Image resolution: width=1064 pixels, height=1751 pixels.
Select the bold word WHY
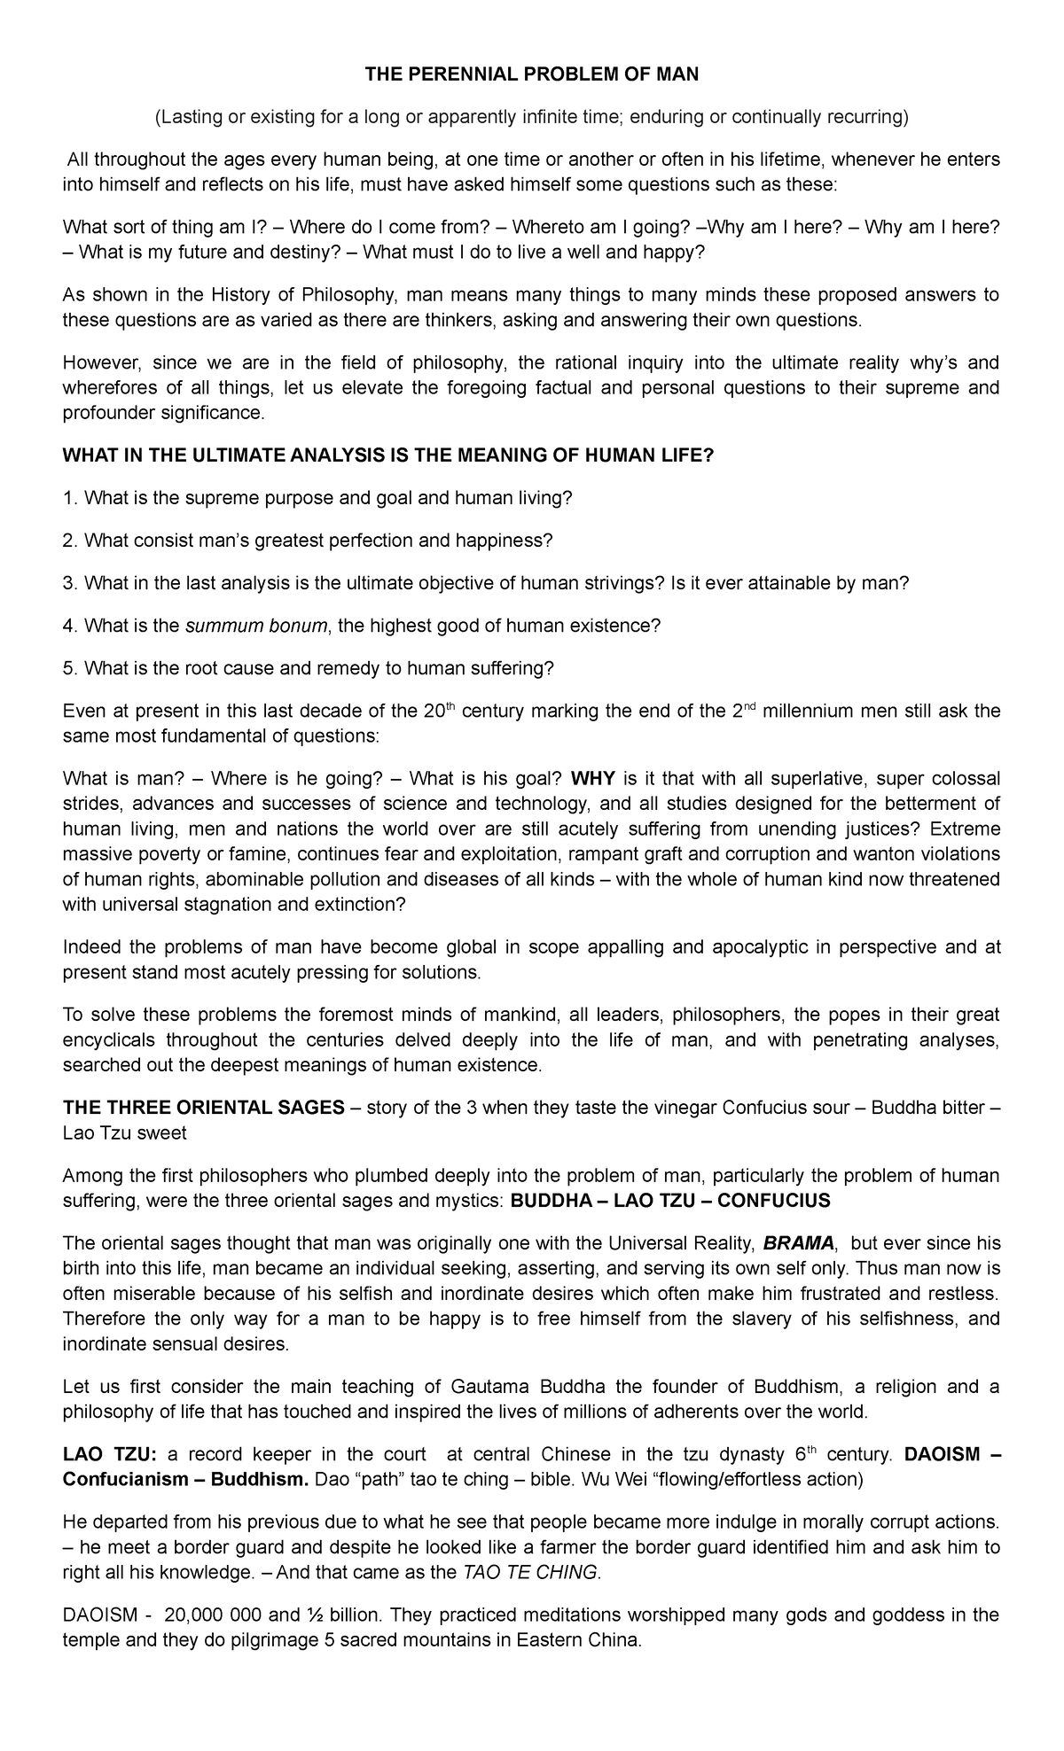pyautogui.click(x=592, y=779)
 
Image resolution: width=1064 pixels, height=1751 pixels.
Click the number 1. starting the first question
pyautogui.click(x=70, y=499)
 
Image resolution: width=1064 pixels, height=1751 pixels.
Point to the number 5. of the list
pyautogui.click(x=70, y=668)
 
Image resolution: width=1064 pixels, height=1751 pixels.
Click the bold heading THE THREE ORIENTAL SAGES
pyautogui.click(x=203, y=1109)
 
